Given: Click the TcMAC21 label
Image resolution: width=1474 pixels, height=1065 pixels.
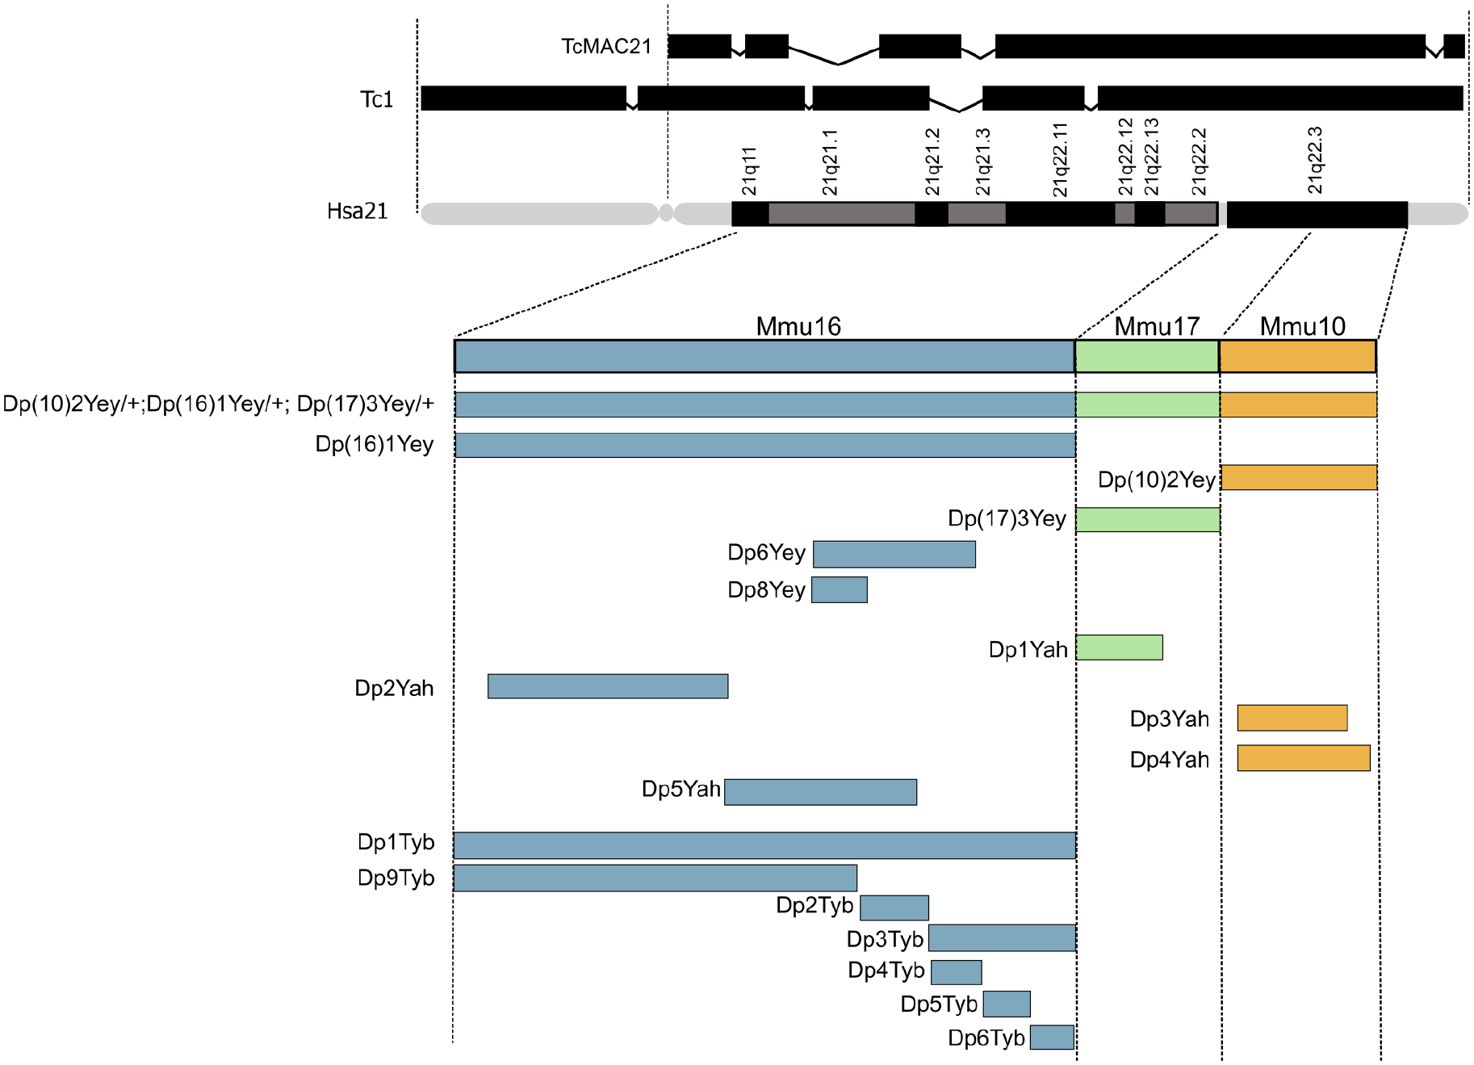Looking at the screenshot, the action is click(x=606, y=46).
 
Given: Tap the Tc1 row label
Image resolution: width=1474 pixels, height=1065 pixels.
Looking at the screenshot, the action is click(x=376, y=99).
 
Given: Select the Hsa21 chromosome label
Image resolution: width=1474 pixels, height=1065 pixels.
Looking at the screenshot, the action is click(x=358, y=211).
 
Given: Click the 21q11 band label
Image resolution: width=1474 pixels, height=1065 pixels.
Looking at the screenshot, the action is click(x=749, y=171).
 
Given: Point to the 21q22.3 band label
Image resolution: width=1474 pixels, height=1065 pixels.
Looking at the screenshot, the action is click(x=1315, y=160).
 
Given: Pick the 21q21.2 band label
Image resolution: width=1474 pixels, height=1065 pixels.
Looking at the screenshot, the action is click(x=932, y=161).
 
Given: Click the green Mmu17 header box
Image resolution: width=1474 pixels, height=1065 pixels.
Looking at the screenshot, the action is click(x=1147, y=356).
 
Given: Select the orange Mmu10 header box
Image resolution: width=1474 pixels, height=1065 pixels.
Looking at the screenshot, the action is click(x=1298, y=356).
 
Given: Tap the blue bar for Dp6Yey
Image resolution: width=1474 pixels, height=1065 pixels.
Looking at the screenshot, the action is click(x=894, y=554).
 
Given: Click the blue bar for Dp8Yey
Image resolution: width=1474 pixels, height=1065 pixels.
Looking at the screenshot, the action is click(x=840, y=589).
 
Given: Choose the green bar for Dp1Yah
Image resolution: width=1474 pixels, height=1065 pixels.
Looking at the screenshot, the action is click(x=1120, y=648).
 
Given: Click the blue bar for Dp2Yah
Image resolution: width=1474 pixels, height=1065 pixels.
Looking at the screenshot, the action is click(x=608, y=686).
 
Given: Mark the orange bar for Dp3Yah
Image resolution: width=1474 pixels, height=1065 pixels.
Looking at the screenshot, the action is click(x=1292, y=718).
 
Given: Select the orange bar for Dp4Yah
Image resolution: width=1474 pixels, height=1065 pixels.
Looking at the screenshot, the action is click(x=1304, y=758).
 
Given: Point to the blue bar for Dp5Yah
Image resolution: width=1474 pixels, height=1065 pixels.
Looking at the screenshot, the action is click(x=821, y=792).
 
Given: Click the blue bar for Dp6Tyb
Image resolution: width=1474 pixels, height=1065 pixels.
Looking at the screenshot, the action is click(x=1053, y=1037).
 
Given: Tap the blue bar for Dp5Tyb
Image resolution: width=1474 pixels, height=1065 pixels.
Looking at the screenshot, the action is click(x=1007, y=1004).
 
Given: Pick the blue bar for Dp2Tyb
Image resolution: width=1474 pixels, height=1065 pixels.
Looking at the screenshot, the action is click(x=894, y=908).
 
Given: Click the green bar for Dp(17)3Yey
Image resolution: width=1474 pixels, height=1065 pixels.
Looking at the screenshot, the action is click(x=1148, y=519).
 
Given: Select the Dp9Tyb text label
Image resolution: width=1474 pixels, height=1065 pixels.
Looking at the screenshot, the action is click(x=396, y=878).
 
